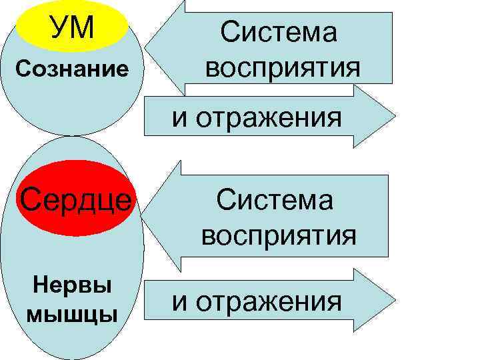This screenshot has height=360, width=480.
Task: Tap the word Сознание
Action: (x=73, y=69)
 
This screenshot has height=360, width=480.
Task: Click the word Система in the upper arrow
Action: (x=279, y=33)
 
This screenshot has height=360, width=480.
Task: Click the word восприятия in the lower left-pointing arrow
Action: (x=279, y=235)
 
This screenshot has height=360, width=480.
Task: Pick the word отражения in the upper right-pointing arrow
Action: (x=277, y=119)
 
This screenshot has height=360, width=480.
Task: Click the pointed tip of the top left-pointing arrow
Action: (x=145, y=49)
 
